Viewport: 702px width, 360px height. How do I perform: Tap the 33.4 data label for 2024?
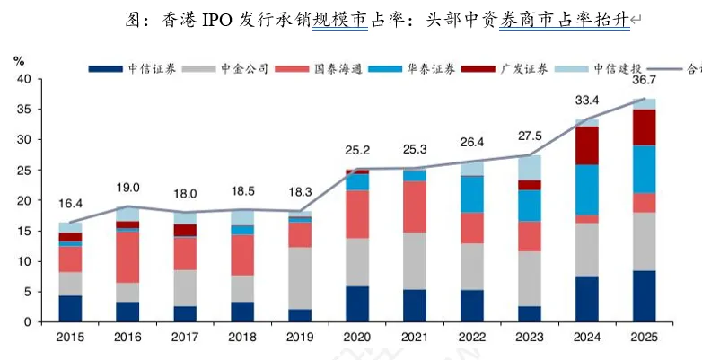[x=587, y=100]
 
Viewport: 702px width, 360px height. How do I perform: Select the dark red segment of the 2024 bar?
[x=587, y=145]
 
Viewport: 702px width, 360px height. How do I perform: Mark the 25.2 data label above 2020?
[x=357, y=149]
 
